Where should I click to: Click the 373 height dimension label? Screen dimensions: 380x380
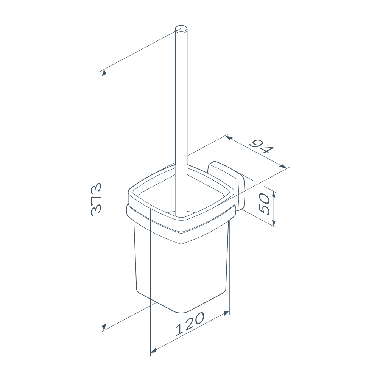pyautogui.click(x=96, y=199)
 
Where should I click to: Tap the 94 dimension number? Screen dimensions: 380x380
pyautogui.click(x=262, y=147)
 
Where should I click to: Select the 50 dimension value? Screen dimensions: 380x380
pyautogui.click(x=264, y=204)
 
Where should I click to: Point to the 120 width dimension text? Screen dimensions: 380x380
pyautogui.click(x=190, y=324)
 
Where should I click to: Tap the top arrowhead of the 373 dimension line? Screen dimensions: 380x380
pyautogui.click(x=104, y=72)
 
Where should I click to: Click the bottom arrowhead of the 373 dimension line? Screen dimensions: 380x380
pyautogui.click(x=104, y=327)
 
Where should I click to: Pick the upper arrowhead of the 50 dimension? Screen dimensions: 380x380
pyautogui.click(x=274, y=195)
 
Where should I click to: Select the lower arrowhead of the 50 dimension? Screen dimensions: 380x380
pyautogui.click(x=274, y=223)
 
